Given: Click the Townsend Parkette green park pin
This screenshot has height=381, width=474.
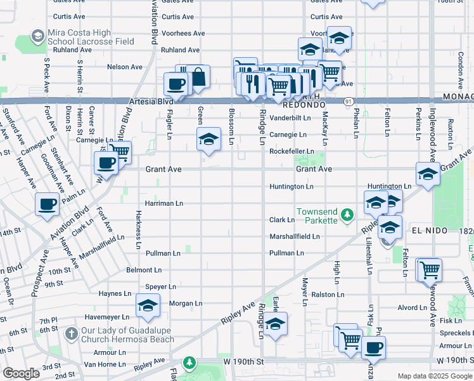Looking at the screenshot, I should pyautogui.click(x=347, y=215).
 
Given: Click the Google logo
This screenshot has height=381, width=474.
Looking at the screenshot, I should pyautogui.click(x=21, y=373).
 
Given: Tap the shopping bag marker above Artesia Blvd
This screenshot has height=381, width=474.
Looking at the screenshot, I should pyautogui.click(x=198, y=77).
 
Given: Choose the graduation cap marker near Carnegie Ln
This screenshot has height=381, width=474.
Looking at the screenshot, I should pyautogui.click(x=208, y=139).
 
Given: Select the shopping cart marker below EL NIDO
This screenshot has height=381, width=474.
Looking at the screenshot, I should pyautogui.click(x=430, y=270).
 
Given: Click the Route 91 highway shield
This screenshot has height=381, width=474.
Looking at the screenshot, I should pyautogui.click(x=349, y=101).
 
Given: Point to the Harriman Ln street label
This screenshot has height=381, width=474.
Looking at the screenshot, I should pyautogui.click(x=164, y=203).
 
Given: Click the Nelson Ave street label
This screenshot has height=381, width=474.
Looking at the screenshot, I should pyautogui.click(x=125, y=67).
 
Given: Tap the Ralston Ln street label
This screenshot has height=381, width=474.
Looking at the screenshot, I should pyautogui.click(x=327, y=295).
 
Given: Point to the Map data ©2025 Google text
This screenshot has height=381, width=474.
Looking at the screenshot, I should pyautogui.click(x=435, y=376).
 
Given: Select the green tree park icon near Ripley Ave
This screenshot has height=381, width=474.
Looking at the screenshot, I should pyautogui.click(x=189, y=363).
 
